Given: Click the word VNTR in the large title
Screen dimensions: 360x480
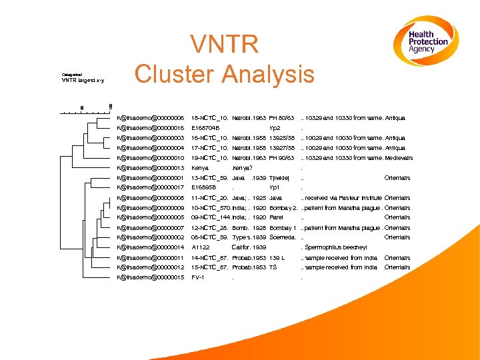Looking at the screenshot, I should pyautogui.click(x=224, y=45).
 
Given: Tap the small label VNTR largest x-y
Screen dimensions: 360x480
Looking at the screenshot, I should pyautogui.click(x=83, y=81).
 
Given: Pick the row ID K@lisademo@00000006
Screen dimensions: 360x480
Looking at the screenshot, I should pyautogui.click(x=150, y=118).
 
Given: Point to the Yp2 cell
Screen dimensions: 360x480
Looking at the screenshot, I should pyautogui.click(x=275, y=128).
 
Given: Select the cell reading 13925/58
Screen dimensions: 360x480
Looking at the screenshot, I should pyautogui.click(x=281, y=138).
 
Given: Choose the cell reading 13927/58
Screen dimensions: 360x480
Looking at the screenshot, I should pyautogui.click(x=281, y=148).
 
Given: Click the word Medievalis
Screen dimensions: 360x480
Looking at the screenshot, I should pyautogui.click(x=399, y=158).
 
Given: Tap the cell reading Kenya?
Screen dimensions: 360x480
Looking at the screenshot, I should pyautogui.click(x=242, y=168).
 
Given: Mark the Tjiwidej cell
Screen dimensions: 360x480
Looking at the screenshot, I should pyautogui.click(x=279, y=178).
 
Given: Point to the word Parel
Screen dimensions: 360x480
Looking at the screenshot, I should pyautogui.click(x=276, y=217).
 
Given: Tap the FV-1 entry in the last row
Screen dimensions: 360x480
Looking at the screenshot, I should pyautogui.click(x=197, y=277).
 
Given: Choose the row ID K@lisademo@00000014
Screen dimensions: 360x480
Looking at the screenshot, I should pyautogui.click(x=150, y=247).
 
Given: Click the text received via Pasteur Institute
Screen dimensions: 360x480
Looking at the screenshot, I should pyautogui.click(x=343, y=198).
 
